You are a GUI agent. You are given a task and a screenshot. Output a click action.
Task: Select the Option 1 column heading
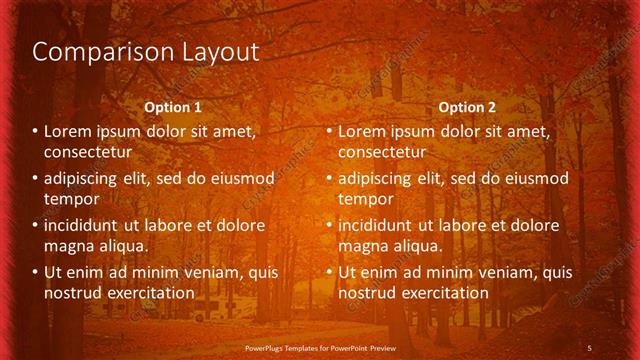[x=173, y=107]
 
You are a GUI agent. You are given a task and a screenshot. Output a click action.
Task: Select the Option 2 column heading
[x=467, y=107]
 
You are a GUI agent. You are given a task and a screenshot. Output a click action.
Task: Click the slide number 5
[x=589, y=347]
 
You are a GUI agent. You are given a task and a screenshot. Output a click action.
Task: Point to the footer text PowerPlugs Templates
[x=290, y=347]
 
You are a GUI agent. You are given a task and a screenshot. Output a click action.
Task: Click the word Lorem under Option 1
[x=69, y=131]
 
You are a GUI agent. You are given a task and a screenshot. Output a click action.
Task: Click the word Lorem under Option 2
[x=363, y=131]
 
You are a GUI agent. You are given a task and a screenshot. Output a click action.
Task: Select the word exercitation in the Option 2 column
[x=442, y=293]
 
